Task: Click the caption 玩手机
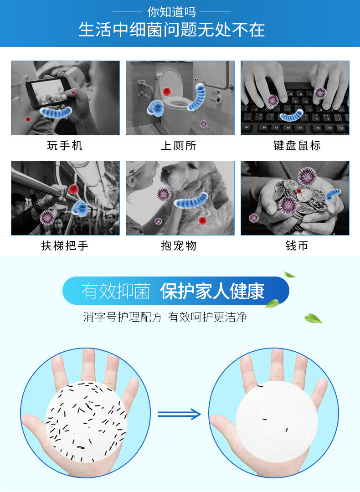(x=65, y=146)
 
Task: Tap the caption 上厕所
(x=179, y=146)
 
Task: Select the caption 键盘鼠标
(x=297, y=146)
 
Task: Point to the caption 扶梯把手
(x=65, y=246)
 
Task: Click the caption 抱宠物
(x=179, y=246)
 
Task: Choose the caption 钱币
(x=297, y=246)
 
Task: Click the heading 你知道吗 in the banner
(x=171, y=12)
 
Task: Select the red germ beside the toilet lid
(x=167, y=92)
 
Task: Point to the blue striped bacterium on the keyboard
(x=291, y=115)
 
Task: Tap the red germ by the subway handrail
(x=73, y=189)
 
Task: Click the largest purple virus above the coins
(x=307, y=176)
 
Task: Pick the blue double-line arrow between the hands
(x=179, y=414)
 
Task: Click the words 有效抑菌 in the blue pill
(x=116, y=291)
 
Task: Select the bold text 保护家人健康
(x=212, y=291)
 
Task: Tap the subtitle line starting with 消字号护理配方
(x=165, y=317)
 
